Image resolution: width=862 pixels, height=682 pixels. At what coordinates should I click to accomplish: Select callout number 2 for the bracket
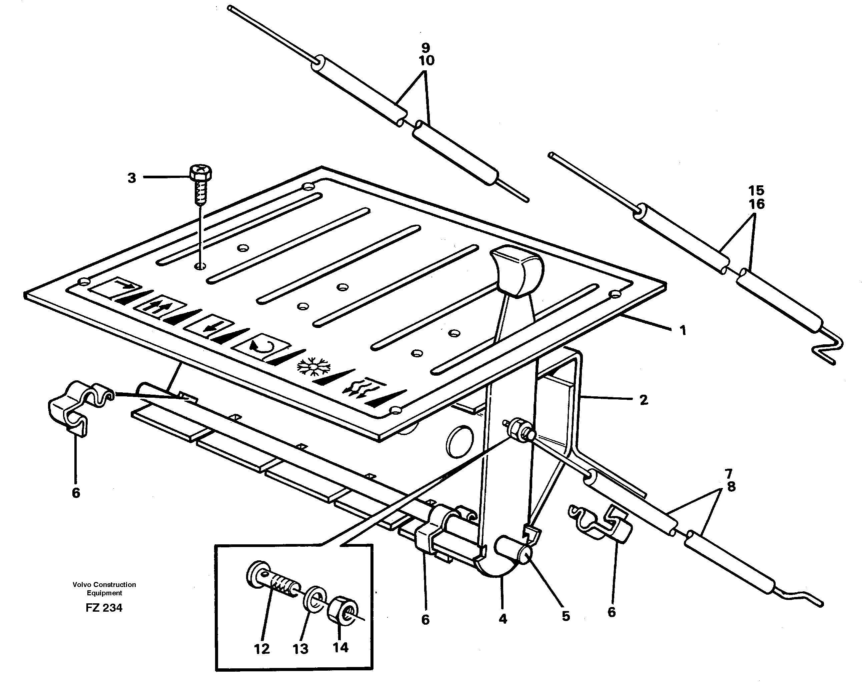coord(644,400)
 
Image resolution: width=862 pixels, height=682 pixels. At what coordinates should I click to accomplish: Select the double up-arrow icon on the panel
coord(159,306)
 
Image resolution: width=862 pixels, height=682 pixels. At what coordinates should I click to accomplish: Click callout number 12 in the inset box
coord(262,649)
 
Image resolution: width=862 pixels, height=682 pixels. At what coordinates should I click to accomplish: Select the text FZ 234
coord(104,607)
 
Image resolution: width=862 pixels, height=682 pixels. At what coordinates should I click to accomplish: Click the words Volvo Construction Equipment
coord(104,588)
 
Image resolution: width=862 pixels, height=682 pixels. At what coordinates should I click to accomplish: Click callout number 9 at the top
coord(426,48)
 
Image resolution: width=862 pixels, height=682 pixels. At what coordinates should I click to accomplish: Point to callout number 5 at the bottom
coord(566,616)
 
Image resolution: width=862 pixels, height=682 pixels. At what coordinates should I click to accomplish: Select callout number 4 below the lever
coord(503,619)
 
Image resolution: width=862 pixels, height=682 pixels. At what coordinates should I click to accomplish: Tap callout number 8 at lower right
coord(731,487)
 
